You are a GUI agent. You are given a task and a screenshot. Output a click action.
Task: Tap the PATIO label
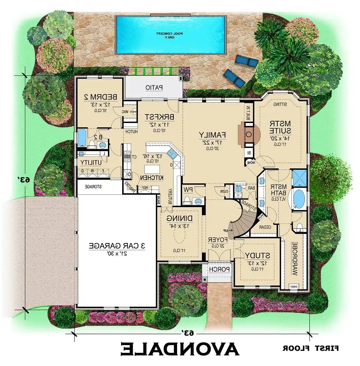154,88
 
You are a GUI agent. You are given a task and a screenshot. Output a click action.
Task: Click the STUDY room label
257,255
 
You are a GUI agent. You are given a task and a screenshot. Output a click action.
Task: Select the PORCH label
219,269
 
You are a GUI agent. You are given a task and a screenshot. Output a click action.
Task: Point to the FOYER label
218,240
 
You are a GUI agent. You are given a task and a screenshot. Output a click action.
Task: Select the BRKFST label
158,117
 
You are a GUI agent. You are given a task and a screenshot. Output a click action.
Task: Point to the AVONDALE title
180,349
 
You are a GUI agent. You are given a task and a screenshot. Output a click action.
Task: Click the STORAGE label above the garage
93,187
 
